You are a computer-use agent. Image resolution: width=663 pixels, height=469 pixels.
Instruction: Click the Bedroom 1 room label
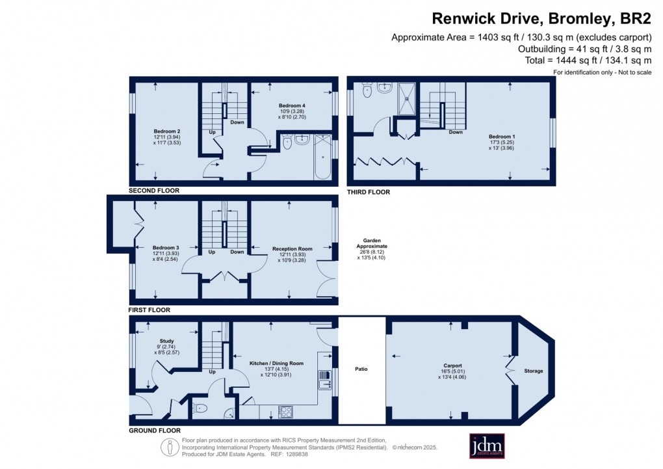[x=502, y=137]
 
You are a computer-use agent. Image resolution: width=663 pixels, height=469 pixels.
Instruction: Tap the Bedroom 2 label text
[x=166, y=131]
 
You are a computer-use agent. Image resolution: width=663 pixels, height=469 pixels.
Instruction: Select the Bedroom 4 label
[x=292, y=105]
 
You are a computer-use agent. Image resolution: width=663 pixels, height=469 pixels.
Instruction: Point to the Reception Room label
[x=292, y=249]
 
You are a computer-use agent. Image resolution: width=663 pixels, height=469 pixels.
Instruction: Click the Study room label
[x=166, y=341]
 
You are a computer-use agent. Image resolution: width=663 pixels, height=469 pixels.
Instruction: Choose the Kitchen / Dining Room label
[x=276, y=363]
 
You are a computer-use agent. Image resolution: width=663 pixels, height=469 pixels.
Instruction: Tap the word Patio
[x=361, y=369]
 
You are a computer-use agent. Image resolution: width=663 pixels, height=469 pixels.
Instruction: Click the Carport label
[x=452, y=366]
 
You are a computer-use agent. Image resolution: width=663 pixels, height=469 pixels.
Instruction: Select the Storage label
[x=533, y=371]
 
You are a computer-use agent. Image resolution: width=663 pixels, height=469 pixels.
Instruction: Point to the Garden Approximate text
[x=372, y=243]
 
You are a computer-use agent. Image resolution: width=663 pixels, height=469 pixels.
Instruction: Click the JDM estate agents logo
[x=487, y=446]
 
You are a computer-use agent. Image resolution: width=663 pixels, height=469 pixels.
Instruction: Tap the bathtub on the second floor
[x=322, y=157]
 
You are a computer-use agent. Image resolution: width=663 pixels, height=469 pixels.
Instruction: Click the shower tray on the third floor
[x=407, y=99]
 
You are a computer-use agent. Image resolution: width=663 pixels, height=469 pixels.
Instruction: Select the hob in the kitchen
[x=285, y=412]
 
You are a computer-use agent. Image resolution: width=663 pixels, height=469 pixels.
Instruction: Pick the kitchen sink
[x=324, y=380]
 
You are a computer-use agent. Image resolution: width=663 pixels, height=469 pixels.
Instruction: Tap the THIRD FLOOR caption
[x=369, y=192]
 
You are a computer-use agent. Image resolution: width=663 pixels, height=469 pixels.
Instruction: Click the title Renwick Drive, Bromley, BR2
[x=541, y=19]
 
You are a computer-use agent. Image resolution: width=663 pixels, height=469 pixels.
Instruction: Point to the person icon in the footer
[x=170, y=448]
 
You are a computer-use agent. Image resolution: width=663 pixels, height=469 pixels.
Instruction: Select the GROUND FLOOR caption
[x=155, y=431]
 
